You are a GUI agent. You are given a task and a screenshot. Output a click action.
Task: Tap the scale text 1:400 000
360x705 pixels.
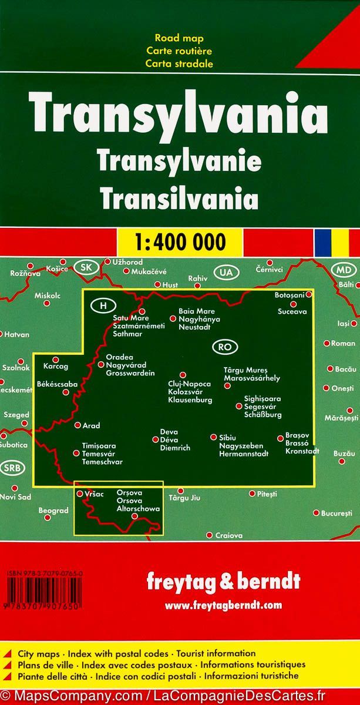pos(180,241)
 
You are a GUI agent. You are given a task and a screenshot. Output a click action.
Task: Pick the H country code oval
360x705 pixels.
pos(103,305)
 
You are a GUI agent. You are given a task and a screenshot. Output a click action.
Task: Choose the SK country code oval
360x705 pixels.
pos(86,268)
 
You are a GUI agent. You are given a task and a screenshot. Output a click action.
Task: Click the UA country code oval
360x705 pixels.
pos(224,272)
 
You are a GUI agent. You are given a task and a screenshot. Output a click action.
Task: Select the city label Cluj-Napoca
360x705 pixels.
pos(184,384)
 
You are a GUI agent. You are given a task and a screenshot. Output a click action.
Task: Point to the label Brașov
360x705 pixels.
pos(296,435)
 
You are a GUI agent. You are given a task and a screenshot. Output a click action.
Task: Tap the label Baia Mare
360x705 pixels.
pos(197,311)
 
